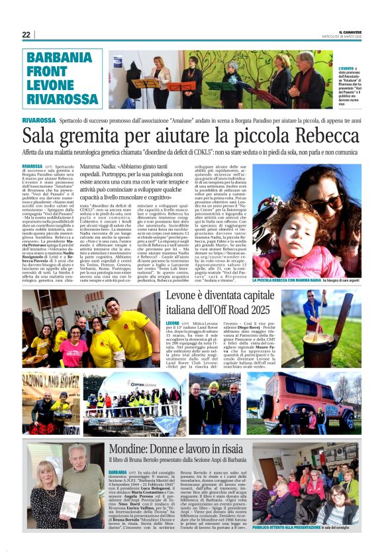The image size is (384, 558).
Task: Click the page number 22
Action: coord(26,34)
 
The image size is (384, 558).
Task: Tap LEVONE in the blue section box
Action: coord(52,84)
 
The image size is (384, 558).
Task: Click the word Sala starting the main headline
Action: coord(40,137)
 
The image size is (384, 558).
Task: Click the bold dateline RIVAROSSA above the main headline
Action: coord(38,119)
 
